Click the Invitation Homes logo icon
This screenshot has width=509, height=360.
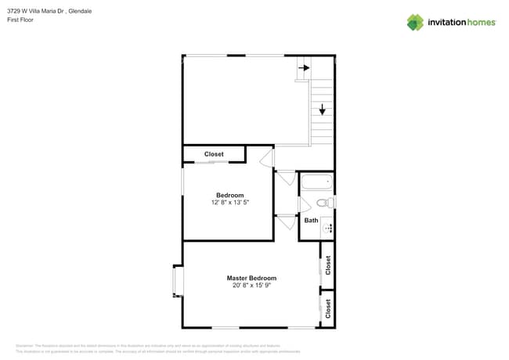[415, 22]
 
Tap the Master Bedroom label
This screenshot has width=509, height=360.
[251, 278]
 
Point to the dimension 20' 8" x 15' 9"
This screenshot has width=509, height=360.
[251, 286]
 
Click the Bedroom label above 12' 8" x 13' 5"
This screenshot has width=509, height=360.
[229, 195]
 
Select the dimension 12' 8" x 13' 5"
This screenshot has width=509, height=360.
[229, 203]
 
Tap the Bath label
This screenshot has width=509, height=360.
[311, 221]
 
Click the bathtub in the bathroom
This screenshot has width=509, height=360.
[317, 183]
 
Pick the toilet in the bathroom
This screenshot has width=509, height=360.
[325, 203]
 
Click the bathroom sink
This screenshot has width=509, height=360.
[327, 229]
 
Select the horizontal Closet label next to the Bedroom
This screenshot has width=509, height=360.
[214, 154]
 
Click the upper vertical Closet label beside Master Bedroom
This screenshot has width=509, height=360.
[328, 265]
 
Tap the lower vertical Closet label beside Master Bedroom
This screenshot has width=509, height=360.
[328, 308]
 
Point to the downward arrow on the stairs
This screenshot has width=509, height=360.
[322, 110]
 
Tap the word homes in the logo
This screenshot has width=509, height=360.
[480, 22]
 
